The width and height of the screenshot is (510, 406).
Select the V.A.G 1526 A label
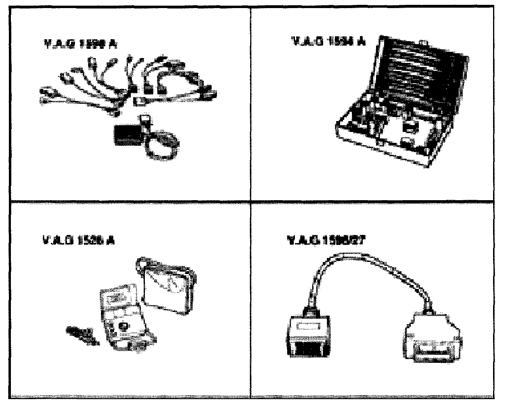[x=78, y=241]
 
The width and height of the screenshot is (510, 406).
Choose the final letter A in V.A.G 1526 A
[x=111, y=241]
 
